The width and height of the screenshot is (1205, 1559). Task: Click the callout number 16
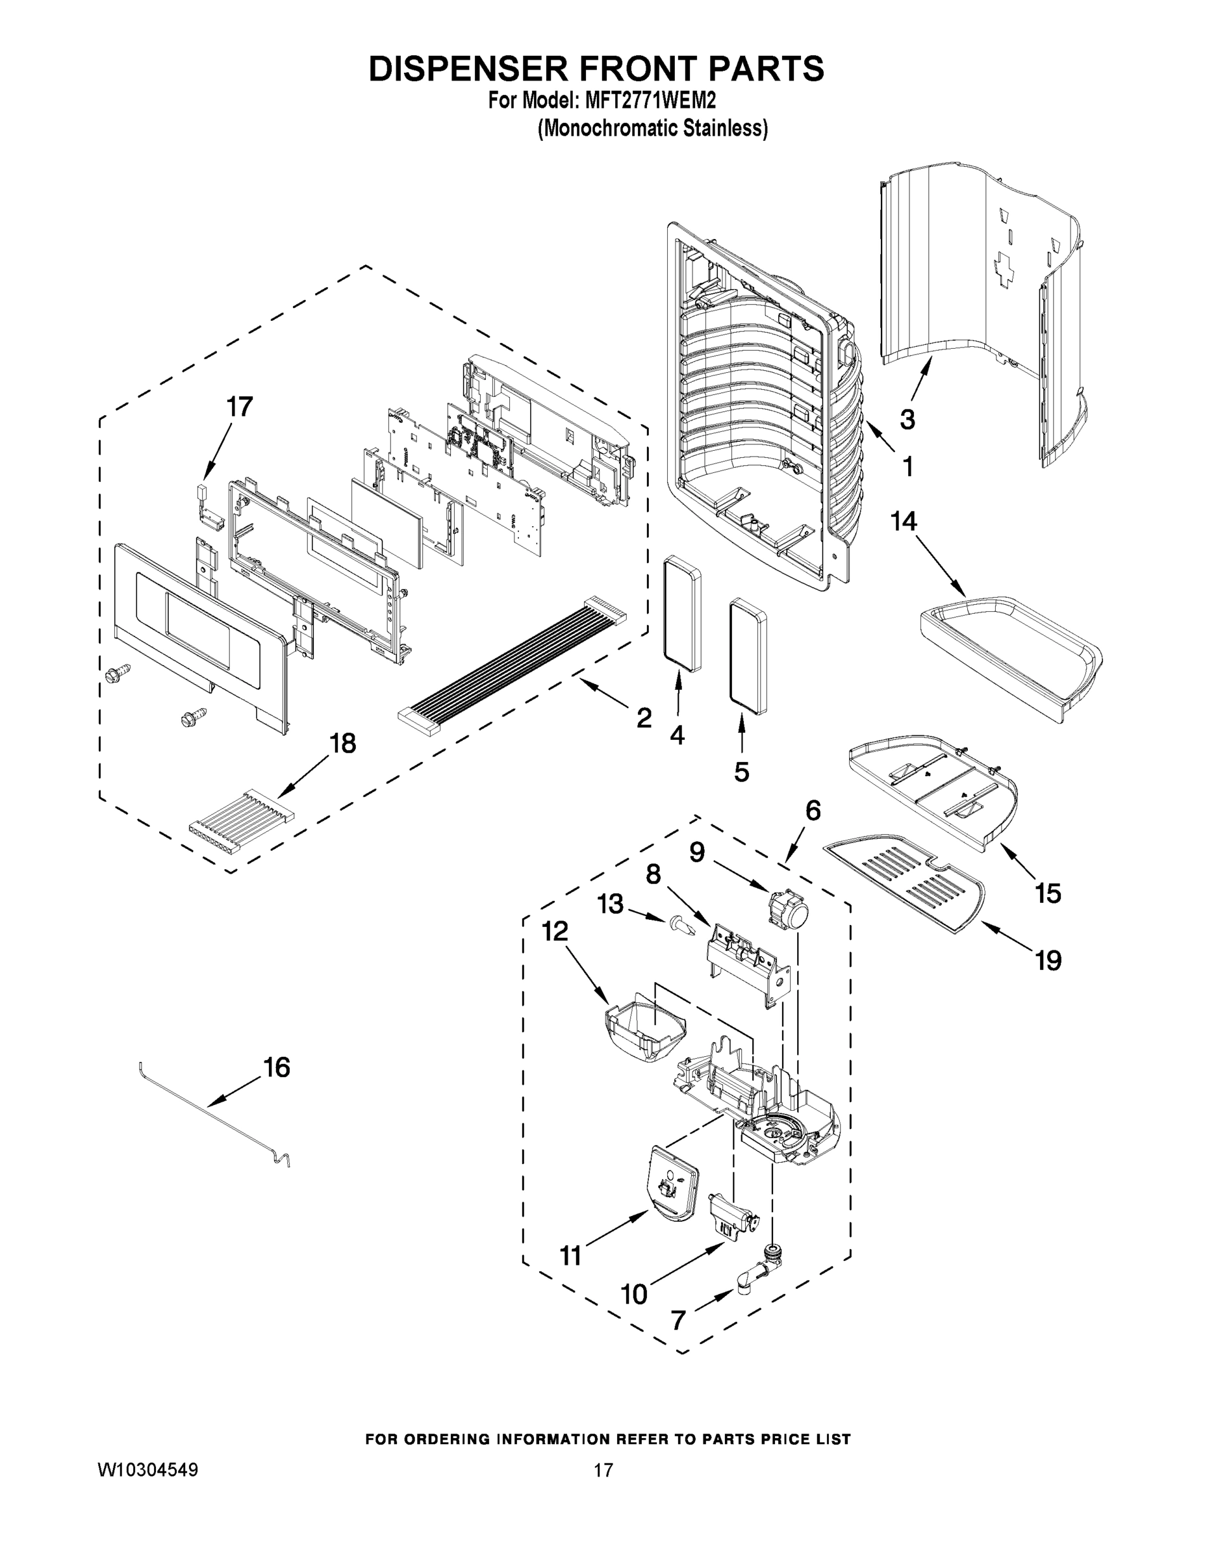(x=277, y=1069)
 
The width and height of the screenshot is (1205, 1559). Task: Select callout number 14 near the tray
(x=903, y=522)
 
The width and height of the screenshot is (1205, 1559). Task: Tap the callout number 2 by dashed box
(x=644, y=718)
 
